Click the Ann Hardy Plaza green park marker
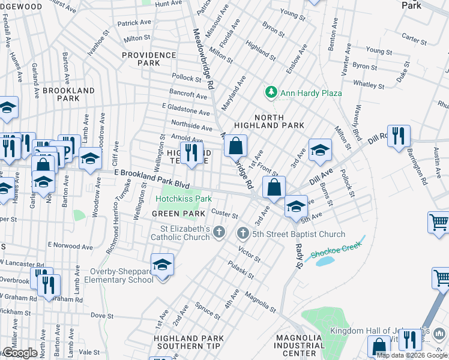click(x=271, y=92)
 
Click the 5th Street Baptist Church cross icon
click(x=243, y=233)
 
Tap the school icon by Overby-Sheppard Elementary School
click(x=162, y=264)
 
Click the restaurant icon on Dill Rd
click(x=399, y=136)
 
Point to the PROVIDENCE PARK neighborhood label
click(x=148, y=59)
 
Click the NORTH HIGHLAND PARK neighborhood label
click(x=268, y=121)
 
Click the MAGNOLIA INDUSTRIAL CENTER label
click(x=299, y=346)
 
